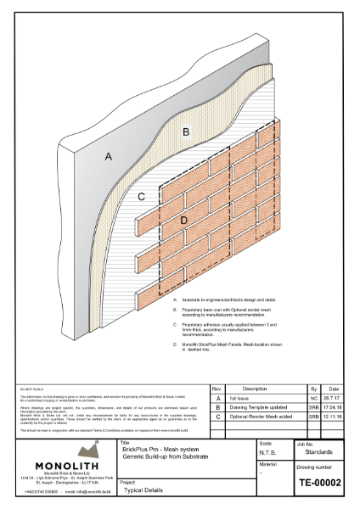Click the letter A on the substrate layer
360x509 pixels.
[108, 156]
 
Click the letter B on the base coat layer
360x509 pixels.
[186, 131]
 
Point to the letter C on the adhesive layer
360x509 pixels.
[142, 197]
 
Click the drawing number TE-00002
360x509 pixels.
[319, 484]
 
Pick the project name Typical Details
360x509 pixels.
[141, 491]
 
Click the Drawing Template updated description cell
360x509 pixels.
[257, 407]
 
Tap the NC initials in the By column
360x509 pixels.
[313, 397]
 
